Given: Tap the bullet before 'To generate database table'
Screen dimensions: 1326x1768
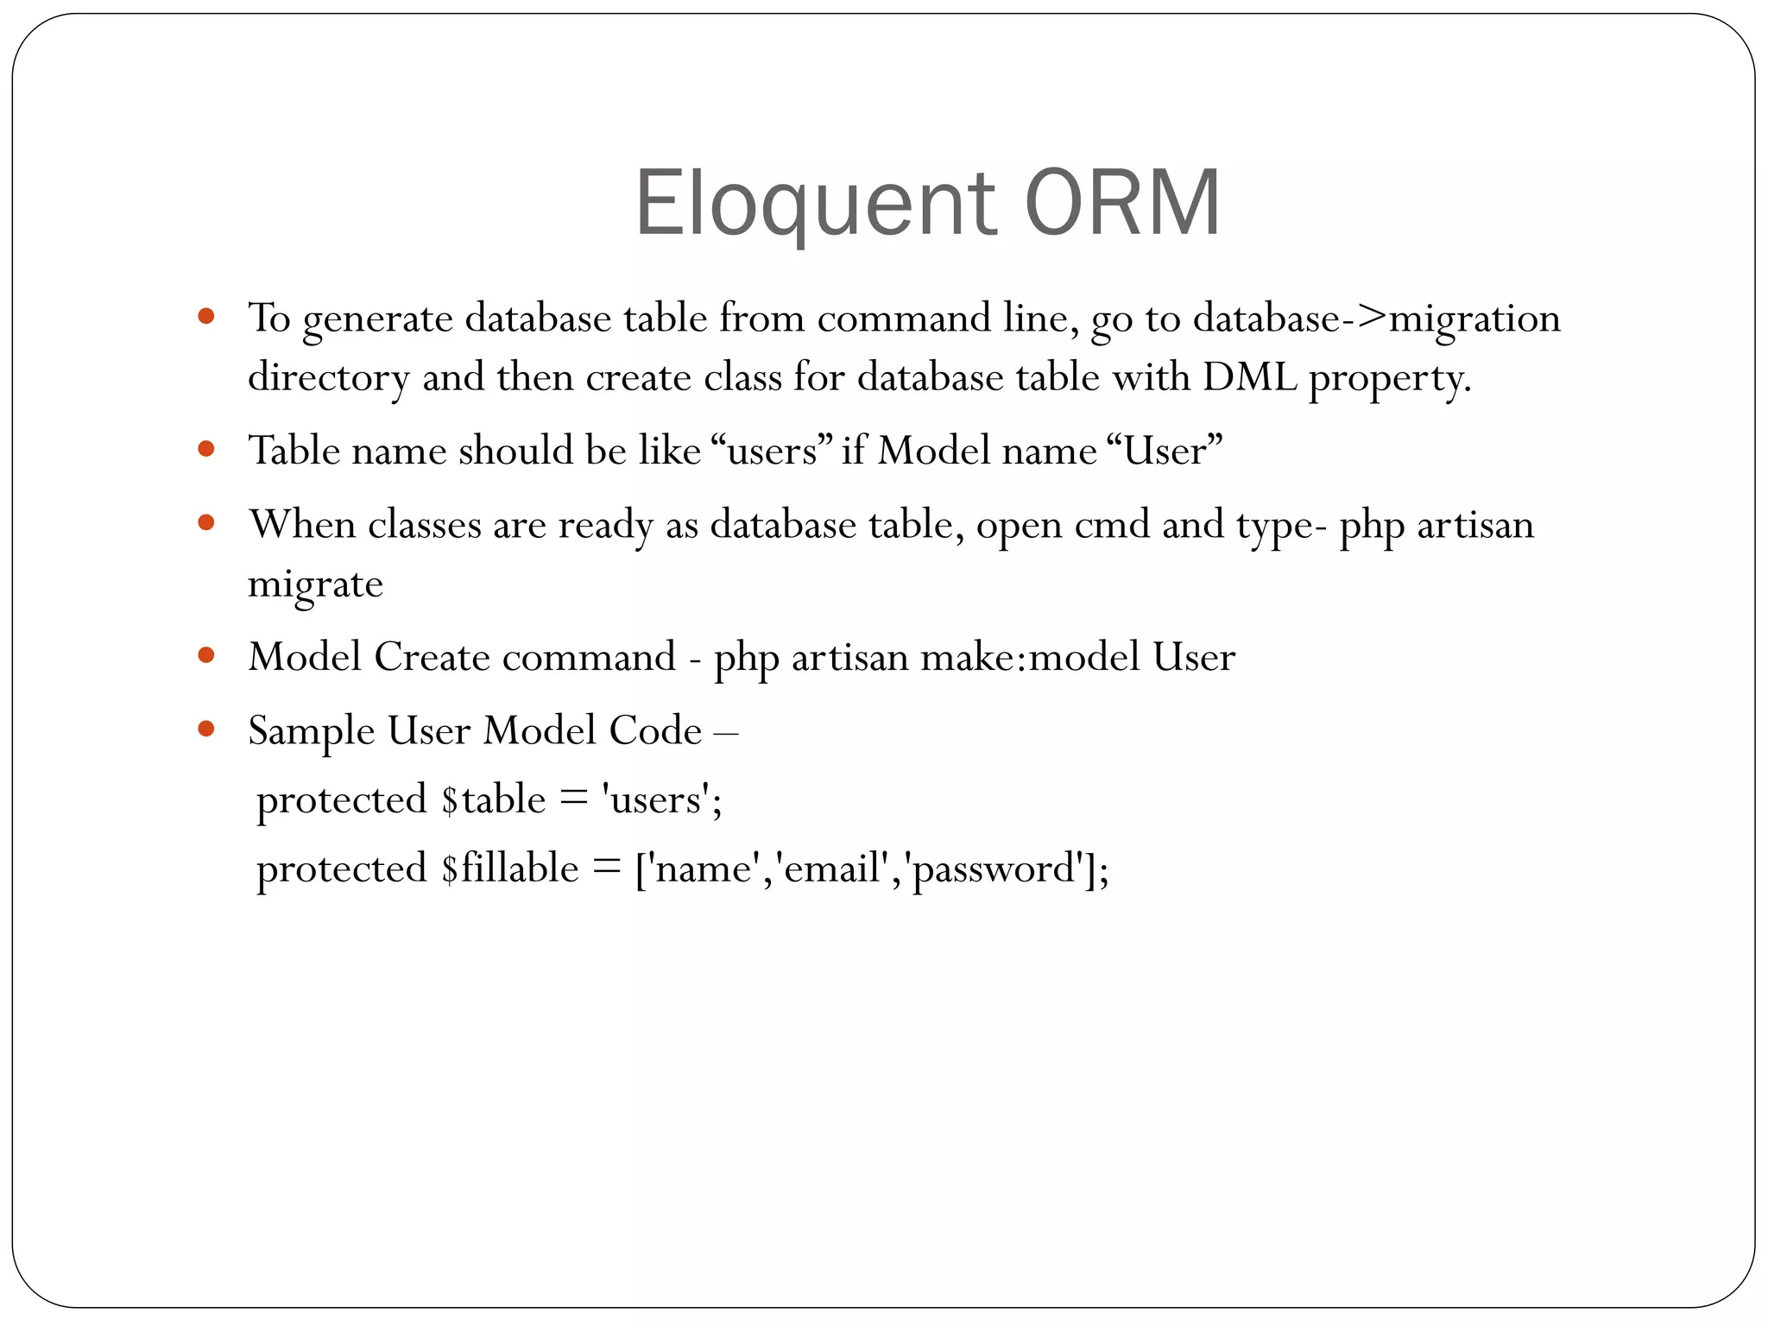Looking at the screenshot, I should pyautogui.click(x=205, y=316).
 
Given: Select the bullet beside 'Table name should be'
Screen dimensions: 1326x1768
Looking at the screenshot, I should pyautogui.click(x=205, y=449).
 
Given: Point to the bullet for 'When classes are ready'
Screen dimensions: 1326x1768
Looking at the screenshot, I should pyautogui.click(x=205, y=522).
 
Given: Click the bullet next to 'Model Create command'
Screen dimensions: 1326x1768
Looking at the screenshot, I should pyautogui.click(x=205, y=655).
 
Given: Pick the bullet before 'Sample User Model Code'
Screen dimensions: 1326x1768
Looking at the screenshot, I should pyautogui.click(x=205, y=729).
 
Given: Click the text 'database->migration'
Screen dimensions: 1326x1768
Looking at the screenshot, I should pyautogui.click(x=1377, y=318).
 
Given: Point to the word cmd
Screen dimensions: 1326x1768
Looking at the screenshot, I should pyautogui.click(x=1112, y=524).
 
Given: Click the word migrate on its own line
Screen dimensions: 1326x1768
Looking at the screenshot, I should pyautogui.click(x=315, y=584).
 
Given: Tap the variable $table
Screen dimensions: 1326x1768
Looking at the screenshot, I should pyautogui.click(x=493, y=799).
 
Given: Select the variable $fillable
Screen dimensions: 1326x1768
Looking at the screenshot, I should pyautogui.click(x=509, y=868).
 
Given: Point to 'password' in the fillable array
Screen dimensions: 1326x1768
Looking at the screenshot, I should pyautogui.click(x=991, y=868).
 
